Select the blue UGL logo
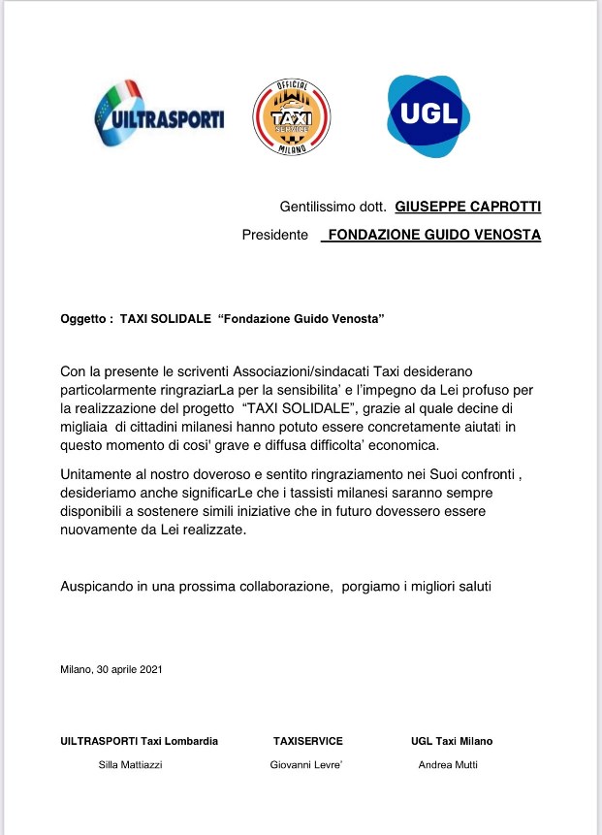tap(428, 114)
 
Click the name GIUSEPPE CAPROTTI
tap(468, 207)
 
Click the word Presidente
tap(275, 235)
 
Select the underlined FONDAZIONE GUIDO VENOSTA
tap(431, 235)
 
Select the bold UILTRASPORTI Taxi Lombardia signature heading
tap(139, 741)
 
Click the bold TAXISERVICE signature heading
tap(308, 741)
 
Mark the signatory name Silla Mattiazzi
tap(131, 764)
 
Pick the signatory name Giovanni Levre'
tap(306, 764)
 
